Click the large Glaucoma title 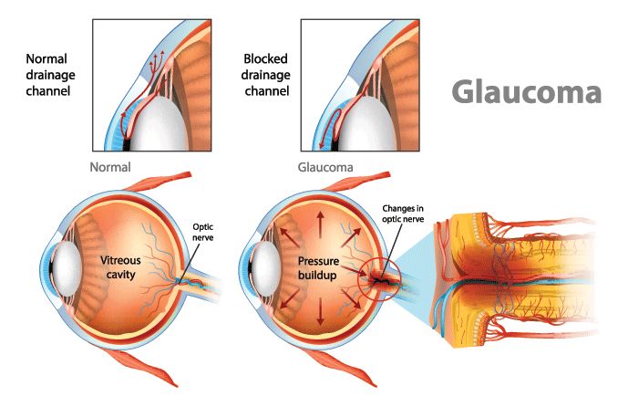pos(528,92)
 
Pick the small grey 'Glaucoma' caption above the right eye pos(325,168)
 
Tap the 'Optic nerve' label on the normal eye pos(201,233)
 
